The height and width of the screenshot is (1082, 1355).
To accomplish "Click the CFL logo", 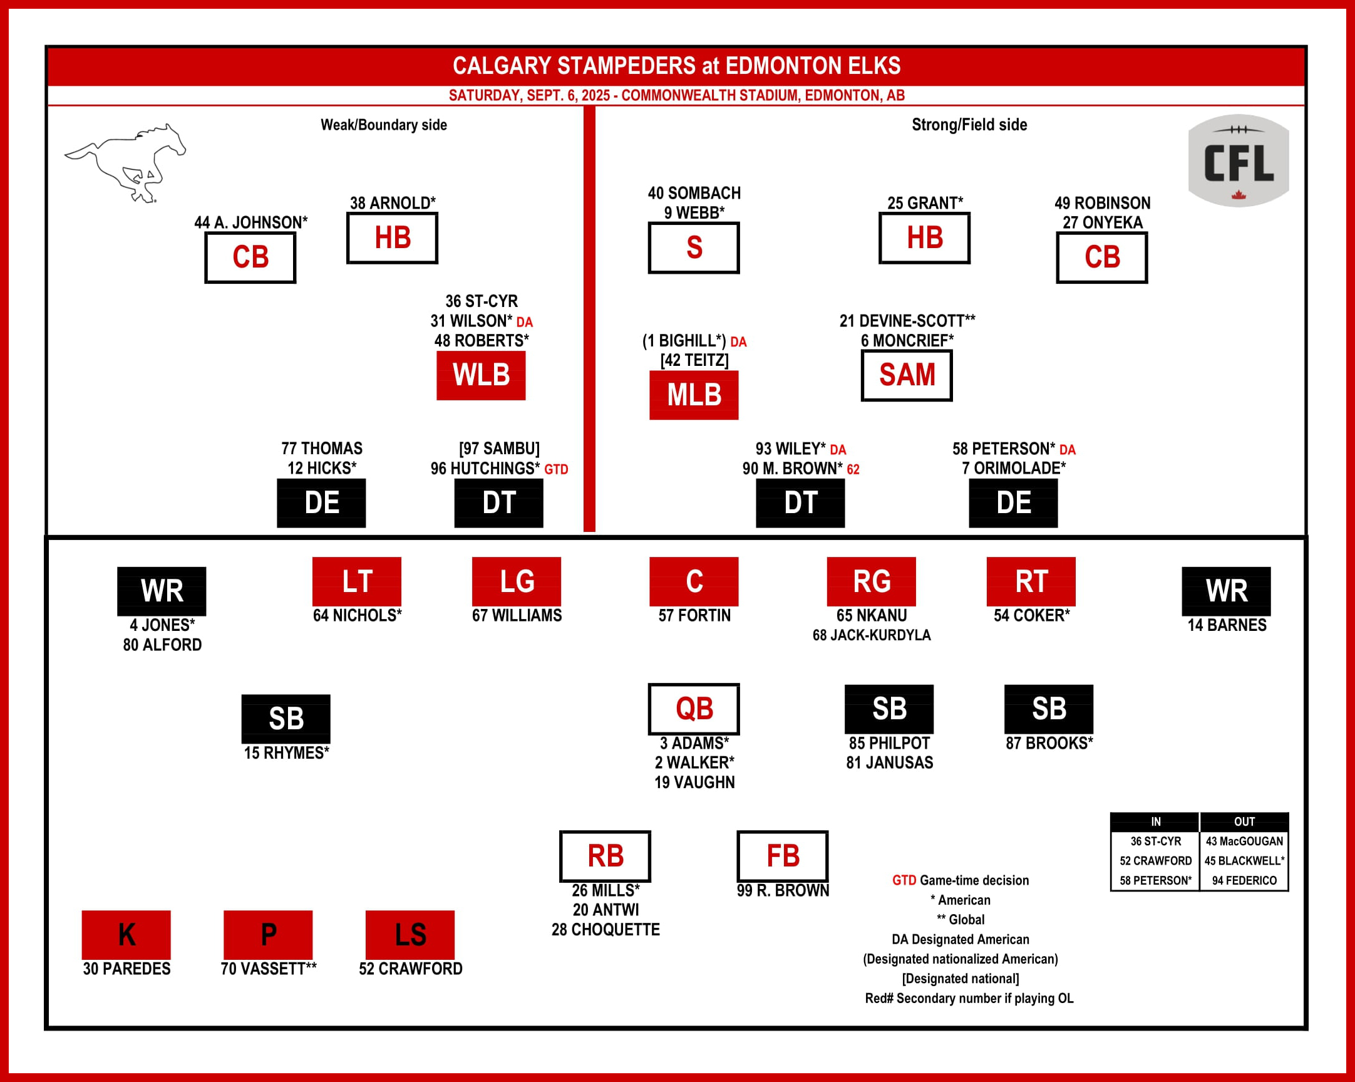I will (1238, 161).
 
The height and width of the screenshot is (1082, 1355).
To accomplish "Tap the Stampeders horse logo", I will (126, 162).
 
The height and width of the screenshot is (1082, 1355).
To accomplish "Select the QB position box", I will (694, 709).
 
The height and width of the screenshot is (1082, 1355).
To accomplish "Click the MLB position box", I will (694, 395).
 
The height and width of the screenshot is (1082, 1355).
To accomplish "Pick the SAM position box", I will (906, 375).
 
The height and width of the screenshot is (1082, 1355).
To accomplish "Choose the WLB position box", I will (482, 375).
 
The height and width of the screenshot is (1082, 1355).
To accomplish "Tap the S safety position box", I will (694, 247).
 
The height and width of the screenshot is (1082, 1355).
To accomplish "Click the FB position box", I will (783, 856).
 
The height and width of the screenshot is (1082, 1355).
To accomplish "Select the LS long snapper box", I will (410, 934).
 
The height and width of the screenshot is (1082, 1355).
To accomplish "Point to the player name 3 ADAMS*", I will (694, 743).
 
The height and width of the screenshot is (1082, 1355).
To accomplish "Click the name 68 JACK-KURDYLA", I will (871, 635).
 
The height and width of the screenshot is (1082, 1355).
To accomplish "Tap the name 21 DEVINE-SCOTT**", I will (907, 321).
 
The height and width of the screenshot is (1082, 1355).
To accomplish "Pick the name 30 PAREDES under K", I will (126, 969).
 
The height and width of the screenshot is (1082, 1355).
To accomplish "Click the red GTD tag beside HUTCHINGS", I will (556, 469).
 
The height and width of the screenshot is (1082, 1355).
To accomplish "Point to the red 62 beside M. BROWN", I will (853, 469).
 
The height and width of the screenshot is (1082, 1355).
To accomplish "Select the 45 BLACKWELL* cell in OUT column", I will (1244, 861).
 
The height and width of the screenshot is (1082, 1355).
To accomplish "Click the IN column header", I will (1155, 822).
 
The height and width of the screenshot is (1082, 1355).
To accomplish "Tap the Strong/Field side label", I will (969, 125).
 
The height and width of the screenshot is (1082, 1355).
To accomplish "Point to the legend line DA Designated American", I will (961, 939).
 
